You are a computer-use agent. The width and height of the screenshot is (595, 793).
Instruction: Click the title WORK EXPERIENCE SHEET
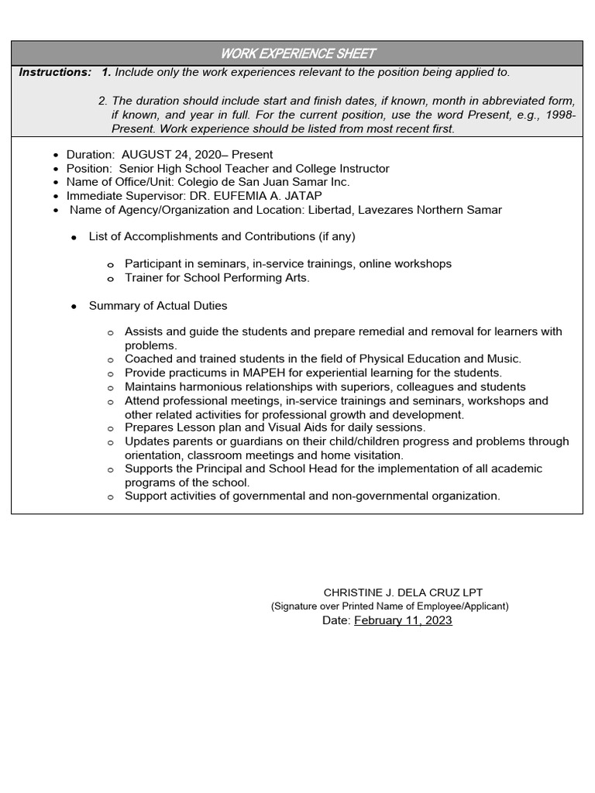[297, 53]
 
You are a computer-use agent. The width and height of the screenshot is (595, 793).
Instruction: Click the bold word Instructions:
[55, 72]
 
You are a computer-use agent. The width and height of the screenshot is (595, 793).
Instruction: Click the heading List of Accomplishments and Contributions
[222, 236]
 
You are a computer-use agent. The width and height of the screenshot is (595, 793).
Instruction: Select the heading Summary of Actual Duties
[158, 306]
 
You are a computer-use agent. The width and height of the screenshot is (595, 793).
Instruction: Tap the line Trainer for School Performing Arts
[217, 278]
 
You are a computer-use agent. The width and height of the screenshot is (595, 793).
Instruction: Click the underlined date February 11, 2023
[403, 620]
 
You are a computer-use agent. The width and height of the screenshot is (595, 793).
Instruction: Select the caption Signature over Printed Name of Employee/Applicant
[390, 606]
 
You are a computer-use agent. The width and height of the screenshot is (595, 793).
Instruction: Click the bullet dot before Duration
[56, 156]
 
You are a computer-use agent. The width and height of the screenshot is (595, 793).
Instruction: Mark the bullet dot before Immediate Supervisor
[56, 197]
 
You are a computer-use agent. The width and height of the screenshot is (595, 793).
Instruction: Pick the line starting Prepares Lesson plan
[275, 427]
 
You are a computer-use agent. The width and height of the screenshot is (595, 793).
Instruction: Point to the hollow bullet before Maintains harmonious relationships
[111, 387]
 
